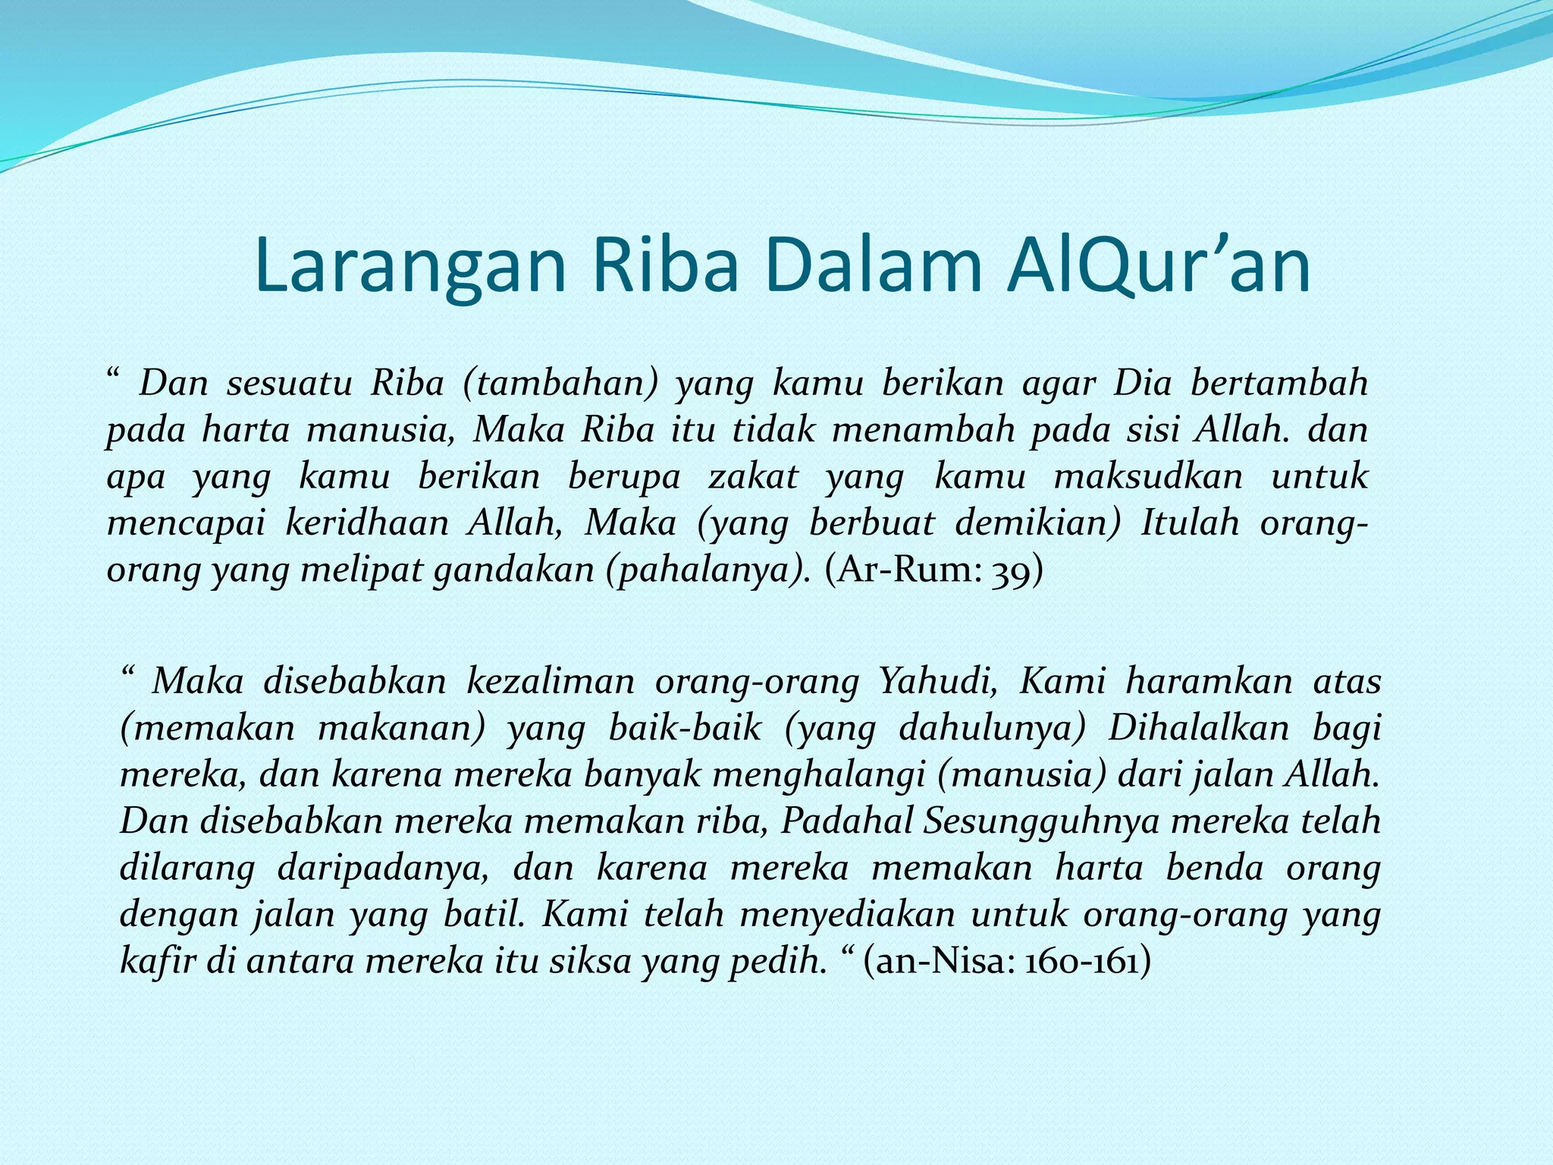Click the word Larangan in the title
coord(410,267)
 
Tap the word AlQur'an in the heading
coord(1158,267)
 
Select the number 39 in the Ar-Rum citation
coord(1017,570)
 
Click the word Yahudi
coord(938,681)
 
